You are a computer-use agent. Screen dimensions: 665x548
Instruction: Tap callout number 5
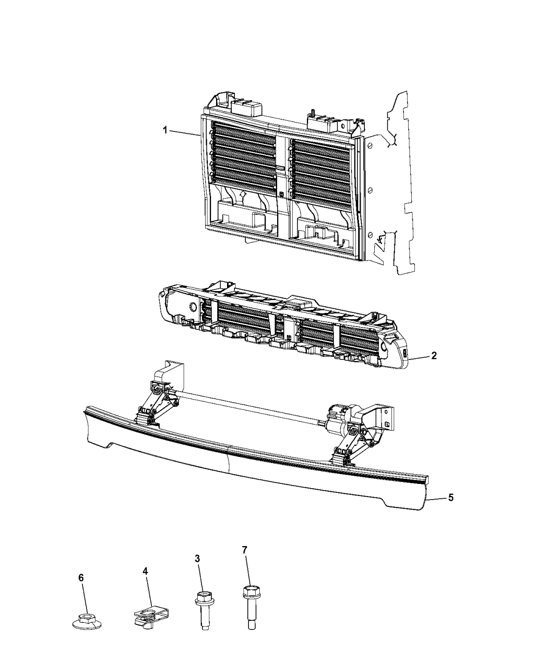click(450, 498)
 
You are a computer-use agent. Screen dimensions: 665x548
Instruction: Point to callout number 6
click(81, 578)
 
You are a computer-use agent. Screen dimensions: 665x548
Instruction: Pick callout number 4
click(145, 571)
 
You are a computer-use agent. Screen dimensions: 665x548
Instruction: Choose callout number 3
click(197, 559)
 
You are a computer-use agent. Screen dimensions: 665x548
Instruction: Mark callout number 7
click(244, 550)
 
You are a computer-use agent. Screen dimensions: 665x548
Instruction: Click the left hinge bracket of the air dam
click(157, 407)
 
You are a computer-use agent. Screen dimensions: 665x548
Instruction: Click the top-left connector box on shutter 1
click(243, 108)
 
